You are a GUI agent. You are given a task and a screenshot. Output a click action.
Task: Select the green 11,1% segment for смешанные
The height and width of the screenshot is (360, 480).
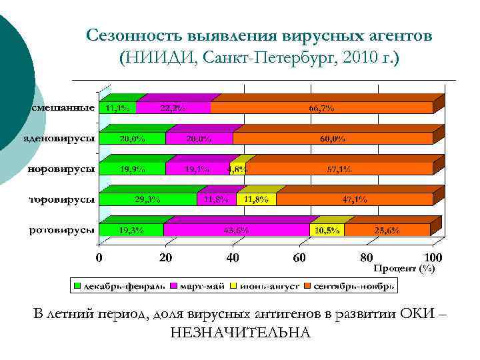[x=117, y=107]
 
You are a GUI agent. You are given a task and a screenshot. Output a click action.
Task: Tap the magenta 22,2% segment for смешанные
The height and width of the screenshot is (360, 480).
[x=173, y=107]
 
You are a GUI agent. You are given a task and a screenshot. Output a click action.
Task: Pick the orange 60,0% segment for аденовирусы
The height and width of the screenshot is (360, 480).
[x=332, y=139]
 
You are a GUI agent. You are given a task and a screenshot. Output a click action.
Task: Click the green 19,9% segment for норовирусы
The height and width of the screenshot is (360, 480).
[x=132, y=169]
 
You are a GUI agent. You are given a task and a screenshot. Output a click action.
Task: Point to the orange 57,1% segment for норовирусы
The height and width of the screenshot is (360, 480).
[x=339, y=169]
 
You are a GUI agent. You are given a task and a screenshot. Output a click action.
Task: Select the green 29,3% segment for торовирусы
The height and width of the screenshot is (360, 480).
[x=147, y=199]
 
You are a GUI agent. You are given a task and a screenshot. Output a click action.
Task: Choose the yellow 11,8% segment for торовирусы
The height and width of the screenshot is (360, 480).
[x=256, y=199]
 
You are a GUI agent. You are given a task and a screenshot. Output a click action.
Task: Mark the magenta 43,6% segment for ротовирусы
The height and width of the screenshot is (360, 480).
[x=236, y=230]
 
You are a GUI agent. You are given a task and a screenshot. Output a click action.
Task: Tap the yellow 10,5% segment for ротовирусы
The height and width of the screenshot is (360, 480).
[x=327, y=230]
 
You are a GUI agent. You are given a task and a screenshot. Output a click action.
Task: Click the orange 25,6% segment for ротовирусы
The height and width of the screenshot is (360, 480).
[x=387, y=230]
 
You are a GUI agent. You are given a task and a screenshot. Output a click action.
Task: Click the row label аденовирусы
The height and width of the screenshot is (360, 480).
[x=59, y=139]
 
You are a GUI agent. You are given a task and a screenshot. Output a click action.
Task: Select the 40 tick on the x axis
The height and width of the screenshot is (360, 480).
[x=233, y=257]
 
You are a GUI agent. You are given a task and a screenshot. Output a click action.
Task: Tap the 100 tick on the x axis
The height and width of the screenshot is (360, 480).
[x=433, y=257]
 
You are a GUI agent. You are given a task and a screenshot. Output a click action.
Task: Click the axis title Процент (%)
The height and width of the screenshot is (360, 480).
[x=404, y=268]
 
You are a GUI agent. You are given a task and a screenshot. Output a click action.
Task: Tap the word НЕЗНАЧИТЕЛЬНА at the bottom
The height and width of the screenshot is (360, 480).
[x=240, y=331]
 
